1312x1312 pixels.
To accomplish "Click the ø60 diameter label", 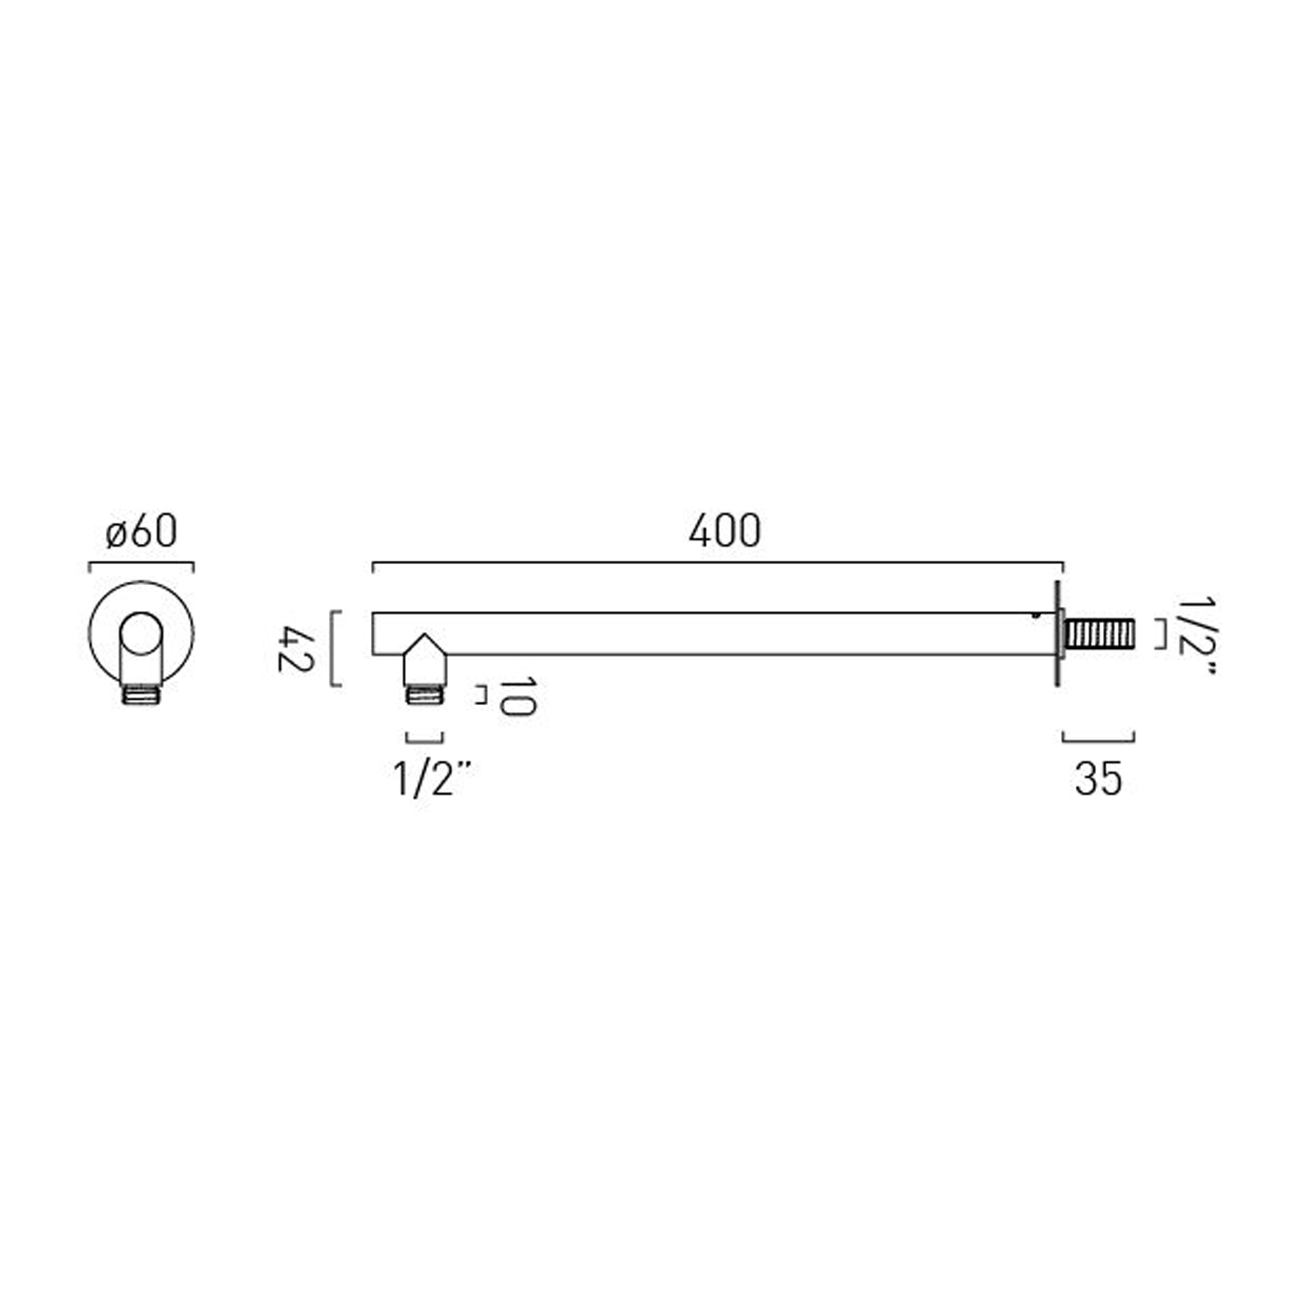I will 142,532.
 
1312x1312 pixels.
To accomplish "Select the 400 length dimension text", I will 724,532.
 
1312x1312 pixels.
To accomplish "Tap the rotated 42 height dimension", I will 295,648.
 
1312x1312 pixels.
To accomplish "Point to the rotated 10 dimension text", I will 516,696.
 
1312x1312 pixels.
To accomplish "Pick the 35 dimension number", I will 1098,778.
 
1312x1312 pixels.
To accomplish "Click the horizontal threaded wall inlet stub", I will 1100,633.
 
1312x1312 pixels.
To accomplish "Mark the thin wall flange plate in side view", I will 1058,633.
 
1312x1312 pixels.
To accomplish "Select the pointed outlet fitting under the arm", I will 424,661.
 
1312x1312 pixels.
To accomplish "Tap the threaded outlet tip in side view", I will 425,694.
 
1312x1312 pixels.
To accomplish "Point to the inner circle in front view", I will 141,633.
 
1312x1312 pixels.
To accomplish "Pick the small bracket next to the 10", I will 482,695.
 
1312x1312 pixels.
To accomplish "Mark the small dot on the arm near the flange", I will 1036,615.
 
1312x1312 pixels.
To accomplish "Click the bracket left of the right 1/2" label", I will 1162,633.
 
